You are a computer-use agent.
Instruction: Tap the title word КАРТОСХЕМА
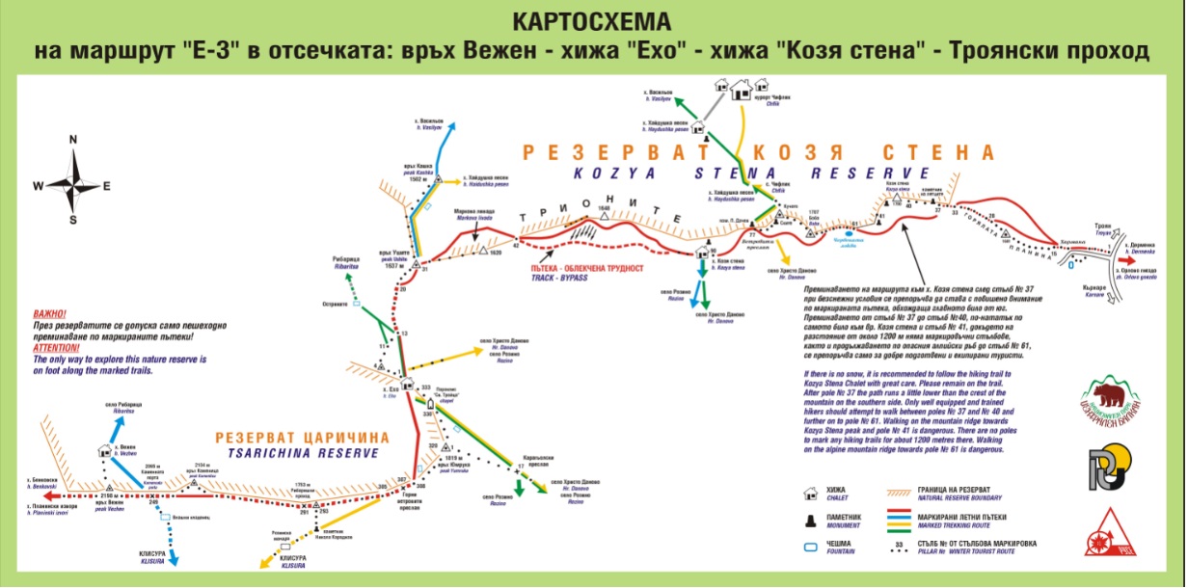tap(593, 20)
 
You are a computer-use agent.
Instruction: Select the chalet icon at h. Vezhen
tap(105, 450)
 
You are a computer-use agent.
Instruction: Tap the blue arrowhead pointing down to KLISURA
tap(176, 560)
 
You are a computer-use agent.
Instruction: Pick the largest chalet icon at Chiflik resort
tap(742, 91)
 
